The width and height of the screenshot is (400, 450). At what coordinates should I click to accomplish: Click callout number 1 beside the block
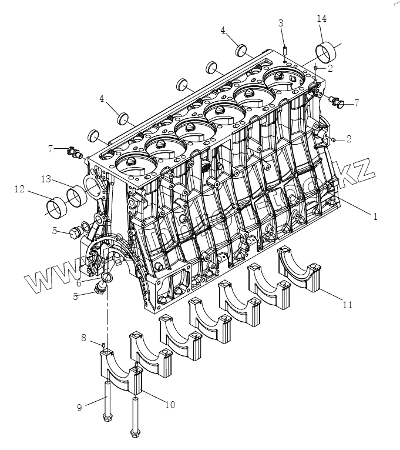pos(375,216)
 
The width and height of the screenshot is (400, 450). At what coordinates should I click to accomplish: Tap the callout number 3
pos(281,23)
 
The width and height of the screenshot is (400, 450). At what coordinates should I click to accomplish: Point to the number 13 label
pos(46,178)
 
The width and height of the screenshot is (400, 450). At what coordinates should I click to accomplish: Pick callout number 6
pos(78,282)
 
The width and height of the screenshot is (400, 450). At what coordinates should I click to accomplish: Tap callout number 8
pos(83,338)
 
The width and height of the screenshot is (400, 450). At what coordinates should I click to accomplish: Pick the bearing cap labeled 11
pos(301,270)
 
